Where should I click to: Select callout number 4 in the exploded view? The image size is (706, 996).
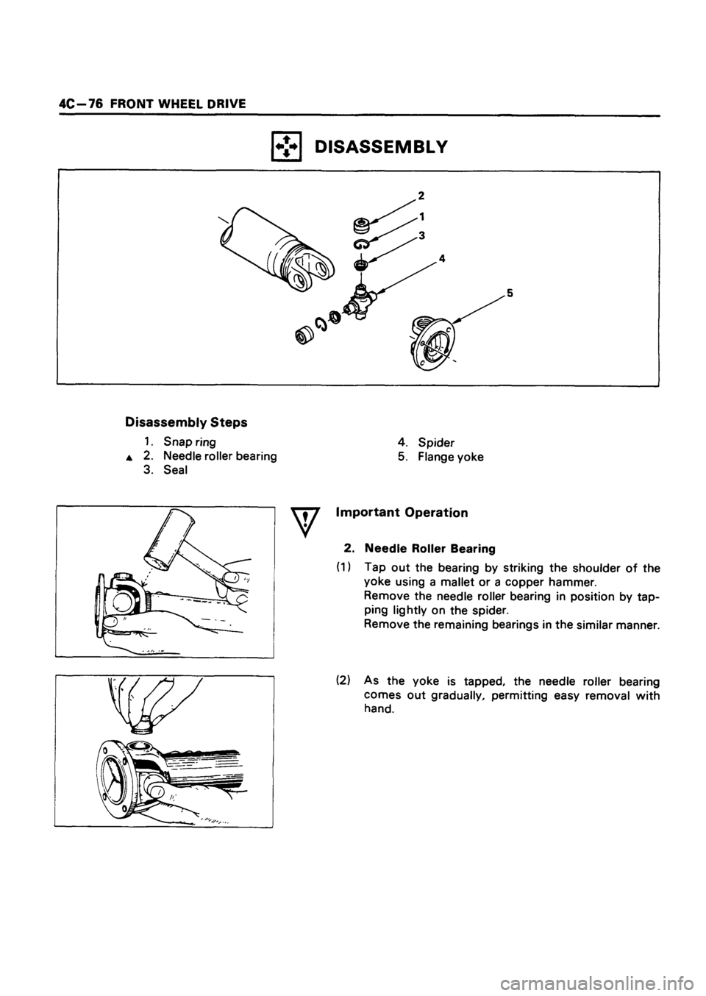click(443, 258)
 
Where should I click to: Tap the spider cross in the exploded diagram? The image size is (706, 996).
click(363, 299)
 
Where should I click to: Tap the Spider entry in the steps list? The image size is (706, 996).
click(443, 443)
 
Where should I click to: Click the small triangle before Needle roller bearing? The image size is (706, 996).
click(129, 457)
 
